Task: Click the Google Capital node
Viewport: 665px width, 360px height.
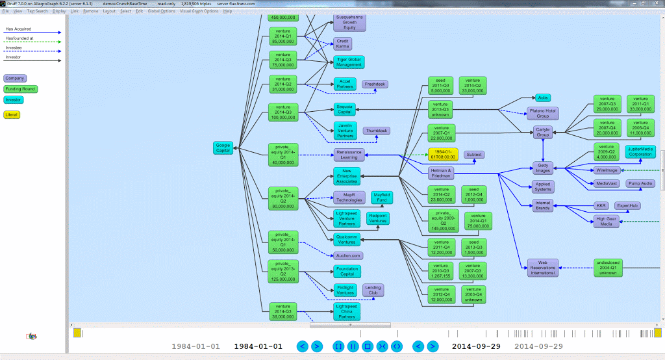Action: click(223, 148)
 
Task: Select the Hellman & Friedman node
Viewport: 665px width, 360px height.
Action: click(440, 173)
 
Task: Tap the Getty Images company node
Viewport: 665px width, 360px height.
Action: click(543, 167)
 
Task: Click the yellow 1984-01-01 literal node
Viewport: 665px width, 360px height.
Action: click(443, 155)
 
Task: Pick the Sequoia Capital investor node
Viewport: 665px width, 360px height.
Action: click(344, 109)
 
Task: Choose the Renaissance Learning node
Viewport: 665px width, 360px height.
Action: click(349, 154)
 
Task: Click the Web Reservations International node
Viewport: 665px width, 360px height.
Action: click(543, 268)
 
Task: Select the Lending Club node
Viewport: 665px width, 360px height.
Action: click(373, 290)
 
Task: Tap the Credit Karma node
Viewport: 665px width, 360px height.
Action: click(343, 44)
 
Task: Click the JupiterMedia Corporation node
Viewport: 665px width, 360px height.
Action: click(640, 151)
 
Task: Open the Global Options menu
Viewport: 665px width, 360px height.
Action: click(160, 11)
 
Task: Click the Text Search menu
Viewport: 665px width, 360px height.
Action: click(37, 11)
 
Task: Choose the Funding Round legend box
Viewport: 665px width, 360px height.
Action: click(21, 89)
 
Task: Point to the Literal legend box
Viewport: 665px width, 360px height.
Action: click(12, 115)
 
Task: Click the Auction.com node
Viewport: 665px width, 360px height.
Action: click(348, 255)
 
